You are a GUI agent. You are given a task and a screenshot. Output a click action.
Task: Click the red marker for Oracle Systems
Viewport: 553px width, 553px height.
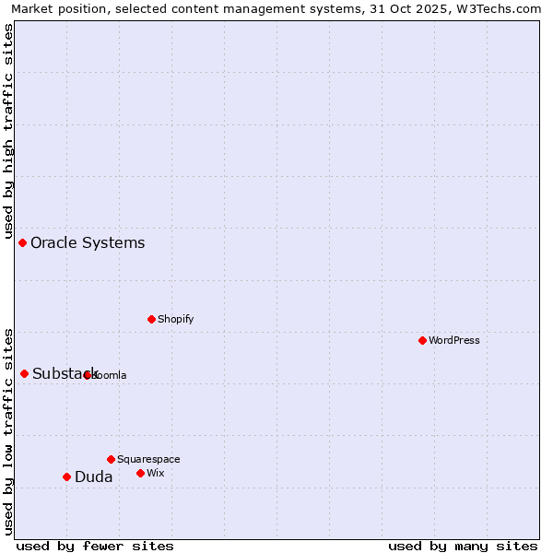(23, 242)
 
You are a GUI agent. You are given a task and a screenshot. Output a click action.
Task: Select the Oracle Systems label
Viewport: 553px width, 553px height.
(88, 243)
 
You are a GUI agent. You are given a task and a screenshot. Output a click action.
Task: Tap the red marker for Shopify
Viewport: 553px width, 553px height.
(151, 319)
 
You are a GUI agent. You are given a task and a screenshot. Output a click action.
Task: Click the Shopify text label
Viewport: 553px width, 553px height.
(175, 320)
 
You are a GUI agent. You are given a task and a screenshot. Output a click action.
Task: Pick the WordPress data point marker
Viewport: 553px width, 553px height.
(422, 340)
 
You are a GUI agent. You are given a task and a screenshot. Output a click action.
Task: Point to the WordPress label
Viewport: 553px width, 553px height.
(453, 341)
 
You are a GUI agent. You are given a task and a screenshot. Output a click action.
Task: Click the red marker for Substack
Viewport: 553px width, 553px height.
(25, 373)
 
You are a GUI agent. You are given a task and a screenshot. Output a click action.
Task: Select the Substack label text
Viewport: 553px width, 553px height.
(65, 374)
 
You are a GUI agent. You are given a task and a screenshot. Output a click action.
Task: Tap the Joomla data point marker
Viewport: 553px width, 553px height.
(88, 375)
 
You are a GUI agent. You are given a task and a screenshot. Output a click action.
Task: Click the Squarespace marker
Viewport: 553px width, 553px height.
(111, 459)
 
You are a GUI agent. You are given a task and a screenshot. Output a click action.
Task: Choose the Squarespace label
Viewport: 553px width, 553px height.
(148, 460)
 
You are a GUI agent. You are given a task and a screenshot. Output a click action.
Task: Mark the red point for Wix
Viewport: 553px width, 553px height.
(140, 473)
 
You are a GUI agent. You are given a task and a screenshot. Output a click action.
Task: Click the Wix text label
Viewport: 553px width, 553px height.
(155, 474)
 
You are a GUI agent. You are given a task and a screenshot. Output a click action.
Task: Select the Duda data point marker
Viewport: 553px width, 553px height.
(66, 477)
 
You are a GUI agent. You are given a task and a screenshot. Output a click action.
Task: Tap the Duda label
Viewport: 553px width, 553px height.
(93, 477)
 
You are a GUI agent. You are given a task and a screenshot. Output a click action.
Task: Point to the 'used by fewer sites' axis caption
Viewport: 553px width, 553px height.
(95, 546)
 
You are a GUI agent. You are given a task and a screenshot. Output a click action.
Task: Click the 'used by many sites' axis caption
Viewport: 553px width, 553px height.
(463, 546)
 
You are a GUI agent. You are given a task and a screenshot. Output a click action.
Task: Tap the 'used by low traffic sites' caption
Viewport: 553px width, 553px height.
(9, 431)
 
